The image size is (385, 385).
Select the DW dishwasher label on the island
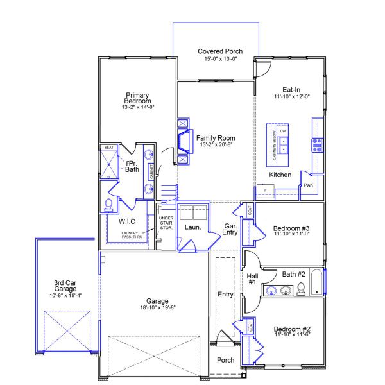pyautogui.click(x=282, y=131)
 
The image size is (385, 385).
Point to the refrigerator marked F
pyautogui.click(x=265, y=190)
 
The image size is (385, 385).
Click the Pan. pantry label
pyautogui.click(x=309, y=185)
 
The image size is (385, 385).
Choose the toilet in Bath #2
pyautogui.click(x=300, y=289)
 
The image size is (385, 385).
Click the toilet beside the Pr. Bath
pyautogui.click(x=108, y=205)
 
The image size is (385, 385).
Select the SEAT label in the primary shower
pyautogui.click(x=108, y=148)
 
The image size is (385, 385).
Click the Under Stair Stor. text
pyautogui.click(x=166, y=223)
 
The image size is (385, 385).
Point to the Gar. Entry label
pyautogui.click(x=230, y=229)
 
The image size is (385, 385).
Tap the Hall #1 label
pyautogui.click(x=252, y=279)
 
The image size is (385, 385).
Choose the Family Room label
pyautogui.click(x=216, y=138)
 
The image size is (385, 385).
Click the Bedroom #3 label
pyautogui.click(x=291, y=228)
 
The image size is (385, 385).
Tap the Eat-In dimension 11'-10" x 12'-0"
pyautogui.click(x=292, y=97)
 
